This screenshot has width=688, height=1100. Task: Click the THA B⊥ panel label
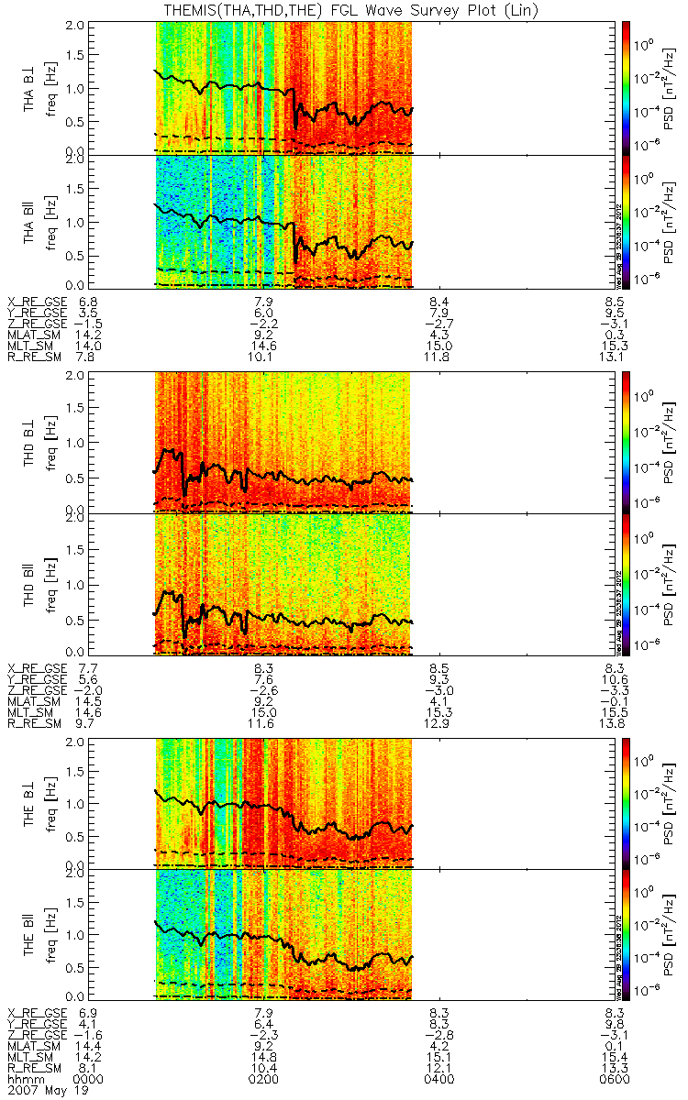click(30, 88)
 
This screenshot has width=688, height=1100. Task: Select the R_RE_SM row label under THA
click(37, 358)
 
